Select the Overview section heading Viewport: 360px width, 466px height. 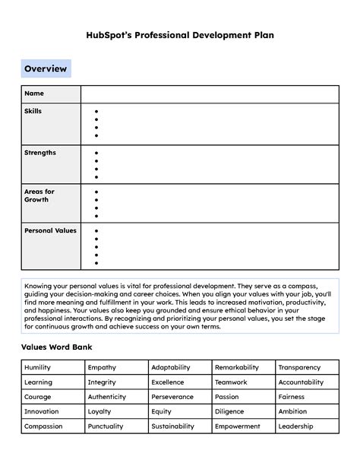pyautogui.click(x=46, y=69)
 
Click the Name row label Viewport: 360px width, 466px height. pyautogui.click(x=34, y=94)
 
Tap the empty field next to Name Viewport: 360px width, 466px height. pyautogui.click(x=209, y=94)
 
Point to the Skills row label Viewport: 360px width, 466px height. pyautogui.click(x=33, y=111)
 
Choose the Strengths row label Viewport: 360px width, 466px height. pyautogui.click(x=39, y=153)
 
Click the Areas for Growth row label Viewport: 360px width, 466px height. pyautogui.click(x=39, y=195)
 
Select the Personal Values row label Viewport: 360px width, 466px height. pyautogui.click(x=50, y=230)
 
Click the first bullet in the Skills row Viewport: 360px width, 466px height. pyautogui.click(x=96, y=112)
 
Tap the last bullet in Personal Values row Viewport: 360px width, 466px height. pyautogui.click(x=96, y=263)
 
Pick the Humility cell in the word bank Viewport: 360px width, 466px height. pyautogui.click(x=38, y=367)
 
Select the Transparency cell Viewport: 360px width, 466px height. pyautogui.click(x=299, y=367)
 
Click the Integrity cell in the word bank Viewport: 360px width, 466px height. pyautogui.click(x=102, y=382)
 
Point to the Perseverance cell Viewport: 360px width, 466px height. pyautogui.click(x=172, y=397)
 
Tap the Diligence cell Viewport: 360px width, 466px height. pyautogui.click(x=229, y=411)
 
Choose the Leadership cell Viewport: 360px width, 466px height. pyautogui.click(x=295, y=426)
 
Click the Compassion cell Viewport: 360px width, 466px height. pyautogui.click(x=43, y=426)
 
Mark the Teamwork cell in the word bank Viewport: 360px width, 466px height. pyautogui.click(x=231, y=382)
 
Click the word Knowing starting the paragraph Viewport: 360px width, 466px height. pyautogui.click(x=39, y=285)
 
